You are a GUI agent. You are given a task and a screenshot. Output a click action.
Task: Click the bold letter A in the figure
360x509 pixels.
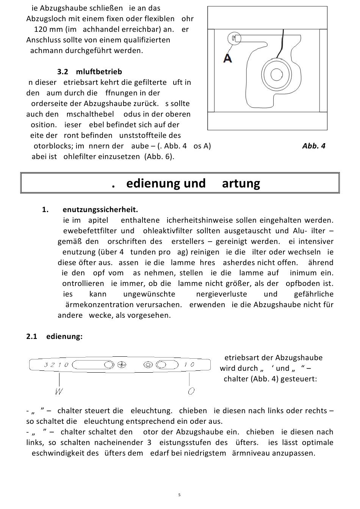(227, 58)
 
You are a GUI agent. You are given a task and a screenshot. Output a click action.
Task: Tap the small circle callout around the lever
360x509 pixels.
(235, 39)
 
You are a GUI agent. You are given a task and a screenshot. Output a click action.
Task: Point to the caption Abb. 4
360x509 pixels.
(314, 146)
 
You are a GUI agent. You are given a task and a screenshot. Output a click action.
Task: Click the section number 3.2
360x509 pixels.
(63, 72)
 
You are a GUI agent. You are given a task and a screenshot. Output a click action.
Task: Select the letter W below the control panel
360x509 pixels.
(59, 391)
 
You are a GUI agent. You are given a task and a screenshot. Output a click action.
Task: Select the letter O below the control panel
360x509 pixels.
(191, 391)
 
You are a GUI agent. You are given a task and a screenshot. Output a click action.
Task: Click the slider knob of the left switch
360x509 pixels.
(109, 365)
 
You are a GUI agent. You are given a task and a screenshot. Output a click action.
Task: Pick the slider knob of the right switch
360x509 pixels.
(161, 365)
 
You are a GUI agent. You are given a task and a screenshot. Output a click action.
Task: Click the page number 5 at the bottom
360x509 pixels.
(179, 495)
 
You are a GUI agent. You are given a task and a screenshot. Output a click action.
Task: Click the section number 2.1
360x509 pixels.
(31, 336)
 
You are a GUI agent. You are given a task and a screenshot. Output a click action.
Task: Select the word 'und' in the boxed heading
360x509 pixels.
(194, 183)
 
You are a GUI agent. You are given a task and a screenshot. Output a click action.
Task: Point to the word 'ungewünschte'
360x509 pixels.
(149, 294)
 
